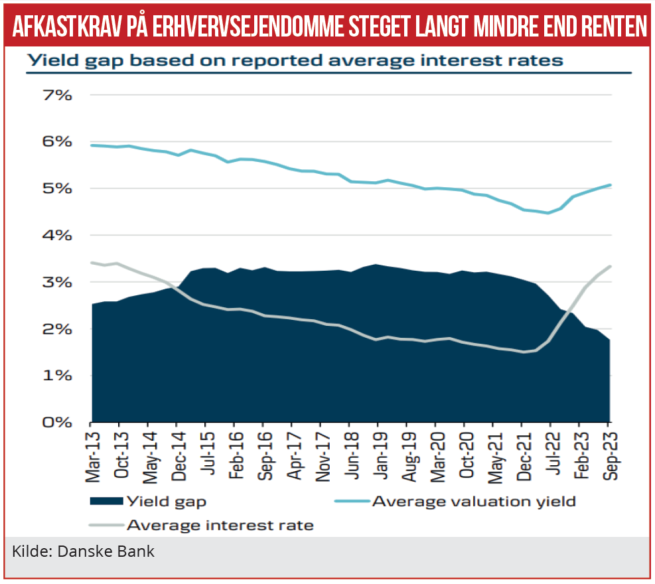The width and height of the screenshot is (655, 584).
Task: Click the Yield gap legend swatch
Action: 106,502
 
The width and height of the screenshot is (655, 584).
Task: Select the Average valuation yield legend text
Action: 474,502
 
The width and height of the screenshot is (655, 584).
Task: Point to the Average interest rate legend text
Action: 220,526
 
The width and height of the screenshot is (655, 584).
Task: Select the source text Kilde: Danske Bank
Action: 83,551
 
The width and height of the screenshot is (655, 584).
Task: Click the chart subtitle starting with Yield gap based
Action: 294,60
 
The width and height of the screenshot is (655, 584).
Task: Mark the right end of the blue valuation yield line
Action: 610,185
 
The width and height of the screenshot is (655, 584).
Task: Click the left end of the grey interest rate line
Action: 92,262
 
